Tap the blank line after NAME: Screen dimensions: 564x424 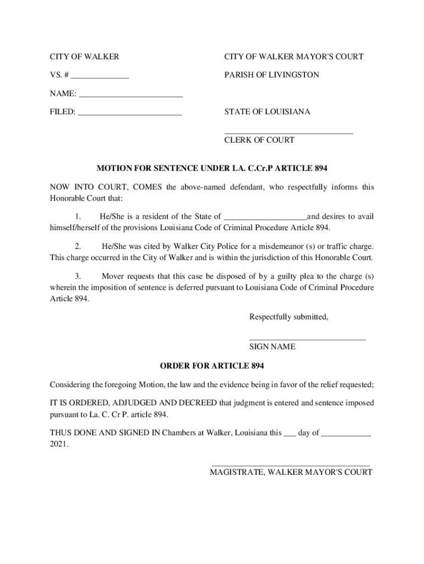coord(131,97)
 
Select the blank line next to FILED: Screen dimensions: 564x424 coord(130,115)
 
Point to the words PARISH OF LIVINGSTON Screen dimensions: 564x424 coord(271,74)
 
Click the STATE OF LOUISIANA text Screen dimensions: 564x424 coord(267,112)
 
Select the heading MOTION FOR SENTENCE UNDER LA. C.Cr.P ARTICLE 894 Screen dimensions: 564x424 coord(212,168)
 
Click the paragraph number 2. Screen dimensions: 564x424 coord(78,246)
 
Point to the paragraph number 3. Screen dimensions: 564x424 coord(78,275)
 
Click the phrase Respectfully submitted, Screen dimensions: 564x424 coord(289,317)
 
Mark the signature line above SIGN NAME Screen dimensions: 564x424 coord(307,339)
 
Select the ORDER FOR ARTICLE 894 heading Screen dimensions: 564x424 coord(212,366)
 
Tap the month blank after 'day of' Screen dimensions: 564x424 coord(346,435)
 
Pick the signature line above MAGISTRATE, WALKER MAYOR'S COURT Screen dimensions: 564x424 coord(291,465)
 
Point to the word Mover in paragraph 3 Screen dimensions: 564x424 coord(113,275)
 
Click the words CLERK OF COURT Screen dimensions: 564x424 coord(259,140)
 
